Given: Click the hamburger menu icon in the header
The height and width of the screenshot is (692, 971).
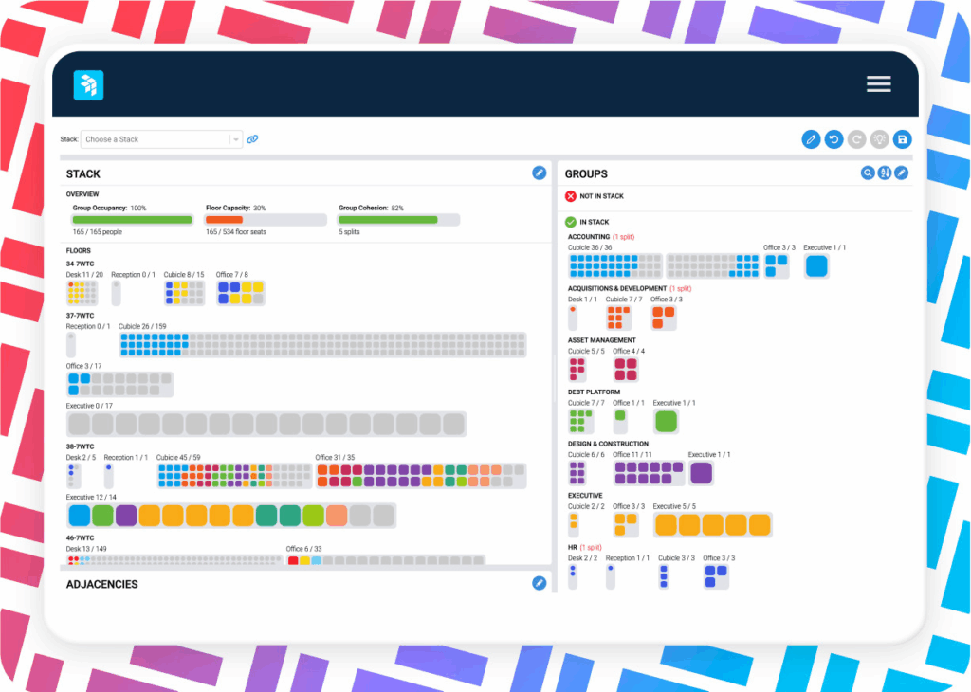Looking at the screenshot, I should (878, 84).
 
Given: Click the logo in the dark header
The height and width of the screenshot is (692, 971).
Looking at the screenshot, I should (88, 85).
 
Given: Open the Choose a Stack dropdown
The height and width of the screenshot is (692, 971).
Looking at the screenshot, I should (161, 139).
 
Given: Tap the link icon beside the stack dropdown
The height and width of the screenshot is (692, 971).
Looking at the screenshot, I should (252, 139).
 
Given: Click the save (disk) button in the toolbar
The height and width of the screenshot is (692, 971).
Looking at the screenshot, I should (902, 139).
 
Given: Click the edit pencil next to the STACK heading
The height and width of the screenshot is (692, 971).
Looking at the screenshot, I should (539, 173).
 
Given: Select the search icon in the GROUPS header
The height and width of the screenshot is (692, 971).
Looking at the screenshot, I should (867, 173).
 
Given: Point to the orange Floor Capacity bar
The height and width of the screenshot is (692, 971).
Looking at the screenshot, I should (225, 220).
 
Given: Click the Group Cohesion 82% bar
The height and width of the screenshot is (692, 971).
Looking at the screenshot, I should (388, 220).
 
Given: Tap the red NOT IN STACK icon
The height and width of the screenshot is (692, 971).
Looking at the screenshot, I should (571, 196).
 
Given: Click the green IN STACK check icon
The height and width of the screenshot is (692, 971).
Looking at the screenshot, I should (571, 222).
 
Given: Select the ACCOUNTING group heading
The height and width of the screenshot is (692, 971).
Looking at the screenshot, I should (588, 236).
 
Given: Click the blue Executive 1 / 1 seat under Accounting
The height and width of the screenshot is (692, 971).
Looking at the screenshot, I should (816, 266).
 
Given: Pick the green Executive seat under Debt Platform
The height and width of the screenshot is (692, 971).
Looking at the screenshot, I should (666, 421).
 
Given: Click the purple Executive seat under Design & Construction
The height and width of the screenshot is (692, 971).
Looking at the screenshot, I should (702, 473).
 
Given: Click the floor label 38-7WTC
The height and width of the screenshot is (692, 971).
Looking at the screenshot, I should (80, 446).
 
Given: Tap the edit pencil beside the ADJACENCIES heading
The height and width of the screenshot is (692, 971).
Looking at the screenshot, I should (539, 583).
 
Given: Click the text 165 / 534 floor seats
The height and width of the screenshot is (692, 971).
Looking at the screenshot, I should (236, 231).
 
